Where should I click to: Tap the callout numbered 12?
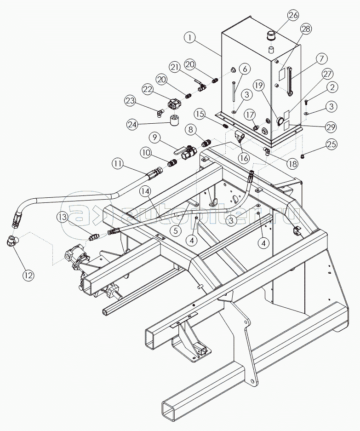coord(29,275)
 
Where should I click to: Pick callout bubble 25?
coord(331,144)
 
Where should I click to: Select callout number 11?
coord(118,162)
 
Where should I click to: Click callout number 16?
coord(244,158)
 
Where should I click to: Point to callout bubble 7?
coord(321,58)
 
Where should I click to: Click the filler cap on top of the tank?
coord(270,36)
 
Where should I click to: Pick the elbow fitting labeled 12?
coord(11,241)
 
